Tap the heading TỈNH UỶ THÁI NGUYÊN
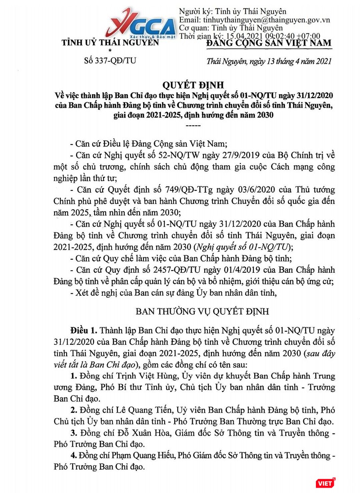click(x=110, y=43)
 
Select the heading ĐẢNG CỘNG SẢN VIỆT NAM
click(x=269, y=43)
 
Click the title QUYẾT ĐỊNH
click(x=180, y=84)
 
